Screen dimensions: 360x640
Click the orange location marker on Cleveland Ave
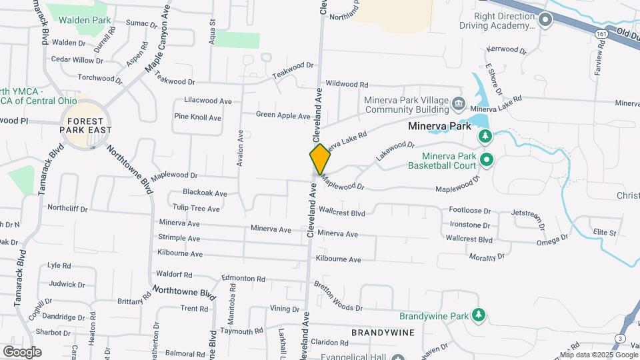coord(320,159)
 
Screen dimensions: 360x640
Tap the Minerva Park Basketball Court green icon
coord(486,160)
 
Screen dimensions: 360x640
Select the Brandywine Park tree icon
coord(478,315)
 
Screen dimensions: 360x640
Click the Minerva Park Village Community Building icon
coord(458,103)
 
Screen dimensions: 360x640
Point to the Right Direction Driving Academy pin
coord(545,19)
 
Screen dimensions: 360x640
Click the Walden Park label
coord(85,20)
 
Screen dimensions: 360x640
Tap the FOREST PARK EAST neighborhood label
coord(85,125)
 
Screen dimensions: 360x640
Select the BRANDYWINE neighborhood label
coord(383,332)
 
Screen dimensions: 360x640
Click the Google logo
coord(22,351)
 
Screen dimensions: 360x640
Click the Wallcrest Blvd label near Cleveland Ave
coord(342,213)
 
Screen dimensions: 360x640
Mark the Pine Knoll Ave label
coord(197,117)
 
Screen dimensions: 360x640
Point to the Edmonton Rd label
coord(243,279)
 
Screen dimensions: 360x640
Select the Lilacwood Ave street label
coord(207,101)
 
